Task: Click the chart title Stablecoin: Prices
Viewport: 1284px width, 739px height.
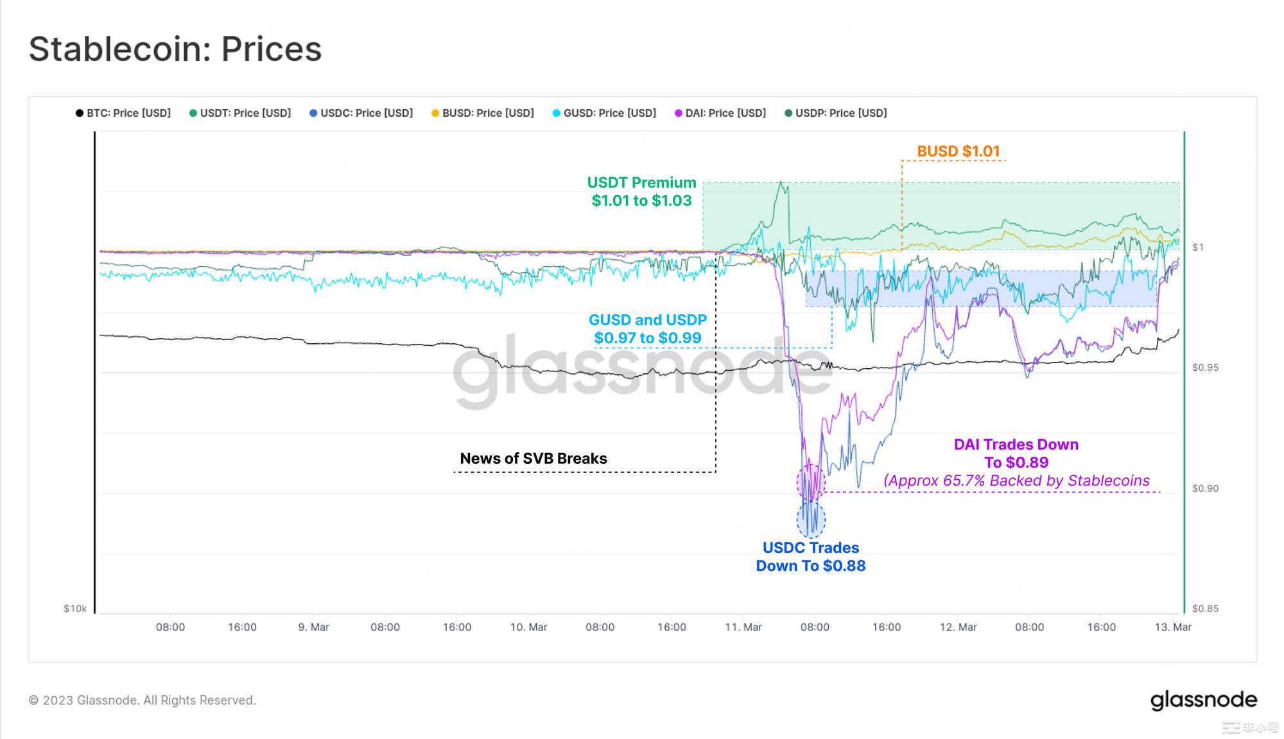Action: point(175,49)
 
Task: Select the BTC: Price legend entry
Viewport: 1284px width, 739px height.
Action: point(123,113)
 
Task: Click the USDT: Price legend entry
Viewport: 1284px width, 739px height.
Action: point(240,113)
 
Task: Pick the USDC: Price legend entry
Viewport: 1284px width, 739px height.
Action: point(361,113)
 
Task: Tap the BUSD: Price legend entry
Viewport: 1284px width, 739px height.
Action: point(483,113)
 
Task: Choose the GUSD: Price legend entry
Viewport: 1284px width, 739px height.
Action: point(604,113)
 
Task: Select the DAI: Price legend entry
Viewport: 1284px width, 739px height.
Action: point(720,113)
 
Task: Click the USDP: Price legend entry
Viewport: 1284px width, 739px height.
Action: point(836,113)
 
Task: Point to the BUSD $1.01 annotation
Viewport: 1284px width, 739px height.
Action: point(958,151)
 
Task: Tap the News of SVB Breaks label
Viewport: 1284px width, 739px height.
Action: point(533,458)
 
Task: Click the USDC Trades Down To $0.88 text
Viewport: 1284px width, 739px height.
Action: point(810,556)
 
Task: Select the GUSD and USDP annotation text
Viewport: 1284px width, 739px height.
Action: point(647,328)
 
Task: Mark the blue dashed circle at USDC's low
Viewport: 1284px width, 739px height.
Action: point(811,520)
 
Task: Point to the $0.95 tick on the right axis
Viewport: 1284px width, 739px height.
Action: point(1204,368)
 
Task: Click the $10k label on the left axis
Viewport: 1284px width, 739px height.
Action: point(74,608)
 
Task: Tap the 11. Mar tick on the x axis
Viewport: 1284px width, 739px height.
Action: point(743,627)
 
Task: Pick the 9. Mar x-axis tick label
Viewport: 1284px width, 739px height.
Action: point(313,627)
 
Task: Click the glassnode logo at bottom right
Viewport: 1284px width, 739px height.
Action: point(1203,700)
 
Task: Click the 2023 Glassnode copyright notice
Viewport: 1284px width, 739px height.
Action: point(142,700)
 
